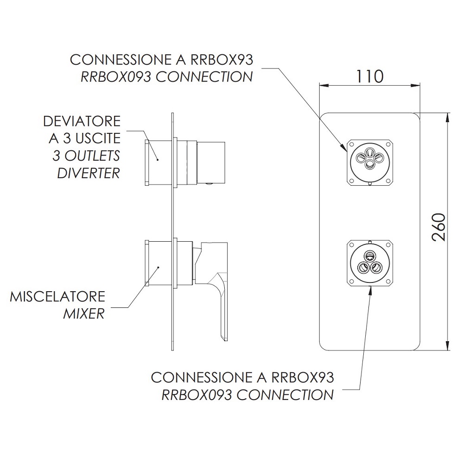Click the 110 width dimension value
[369, 76]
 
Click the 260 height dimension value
[438, 227]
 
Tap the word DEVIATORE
[82, 121]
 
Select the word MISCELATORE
[57, 296]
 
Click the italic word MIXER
[84, 314]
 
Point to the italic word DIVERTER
[89, 173]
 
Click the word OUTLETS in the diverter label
[92, 156]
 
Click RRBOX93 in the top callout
[222, 60]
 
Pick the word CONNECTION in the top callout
[204, 77]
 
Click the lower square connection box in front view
[369, 263]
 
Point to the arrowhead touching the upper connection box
[344, 147]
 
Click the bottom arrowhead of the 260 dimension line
[449, 346]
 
